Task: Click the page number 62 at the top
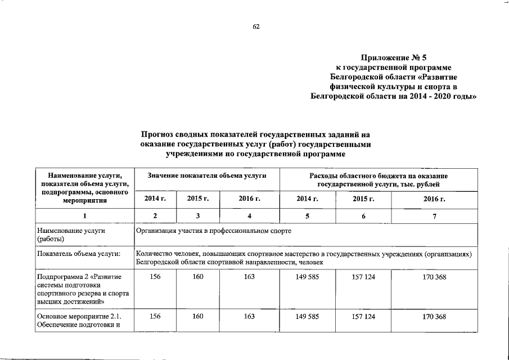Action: [x=256, y=26]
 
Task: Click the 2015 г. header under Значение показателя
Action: [x=198, y=199]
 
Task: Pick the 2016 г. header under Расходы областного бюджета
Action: [x=434, y=199]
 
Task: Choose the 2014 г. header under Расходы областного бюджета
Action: [x=308, y=199]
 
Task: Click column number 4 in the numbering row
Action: [x=249, y=217]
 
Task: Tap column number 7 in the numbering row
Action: [x=434, y=217]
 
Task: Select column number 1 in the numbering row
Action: [x=85, y=217]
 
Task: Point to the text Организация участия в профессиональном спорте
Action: [x=214, y=231]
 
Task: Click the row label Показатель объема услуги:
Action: [x=79, y=254]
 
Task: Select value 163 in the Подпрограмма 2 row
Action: [x=249, y=277]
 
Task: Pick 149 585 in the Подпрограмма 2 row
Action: [x=308, y=277]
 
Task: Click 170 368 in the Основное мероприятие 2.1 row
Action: [x=434, y=317]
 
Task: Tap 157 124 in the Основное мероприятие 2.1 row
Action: [x=363, y=317]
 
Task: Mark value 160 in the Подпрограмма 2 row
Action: [x=198, y=277]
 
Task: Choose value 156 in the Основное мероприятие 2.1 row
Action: [x=155, y=317]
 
